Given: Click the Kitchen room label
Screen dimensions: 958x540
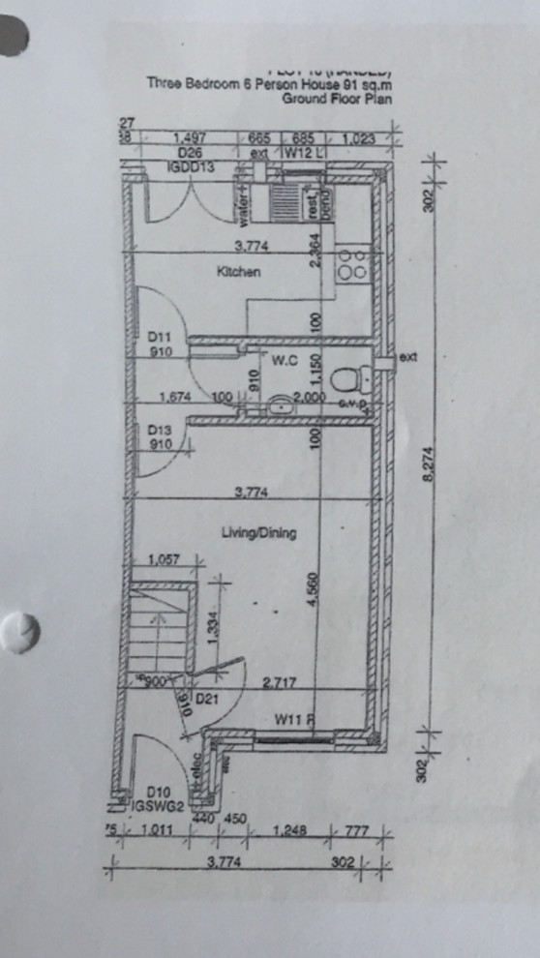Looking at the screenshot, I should click(x=238, y=273).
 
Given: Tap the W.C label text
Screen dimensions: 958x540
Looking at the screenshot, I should click(x=282, y=361).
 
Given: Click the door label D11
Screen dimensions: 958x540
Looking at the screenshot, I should click(x=160, y=337).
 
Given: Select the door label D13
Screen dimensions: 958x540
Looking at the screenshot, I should click(x=160, y=430).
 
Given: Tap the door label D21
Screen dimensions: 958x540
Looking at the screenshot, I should click(x=205, y=698).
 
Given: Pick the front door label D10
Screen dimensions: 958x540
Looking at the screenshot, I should click(x=159, y=791).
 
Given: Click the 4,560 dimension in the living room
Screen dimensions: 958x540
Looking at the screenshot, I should click(x=314, y=589).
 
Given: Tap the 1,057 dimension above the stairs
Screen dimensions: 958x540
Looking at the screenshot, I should click(x=165, y=560).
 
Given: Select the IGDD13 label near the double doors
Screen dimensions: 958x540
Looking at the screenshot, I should click(x=190, y=167).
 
